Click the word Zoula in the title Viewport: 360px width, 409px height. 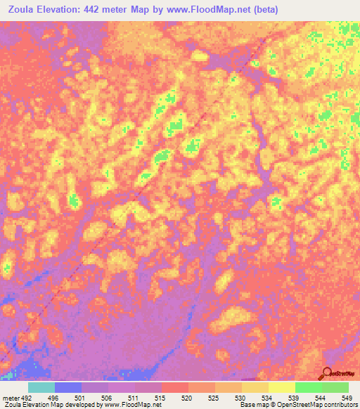[x=20, y=10]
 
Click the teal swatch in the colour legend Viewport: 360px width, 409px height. [x=41, y=387]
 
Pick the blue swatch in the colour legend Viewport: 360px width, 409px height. [x=67, y=387]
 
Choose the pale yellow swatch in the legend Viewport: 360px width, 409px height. [x=281, y=387]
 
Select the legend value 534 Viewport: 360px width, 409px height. [x=268, y=397]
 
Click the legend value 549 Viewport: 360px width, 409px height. [x=347, y=397]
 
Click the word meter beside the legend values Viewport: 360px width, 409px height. [x=10, y=397]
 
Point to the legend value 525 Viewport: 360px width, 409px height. [x=214, y=397]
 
